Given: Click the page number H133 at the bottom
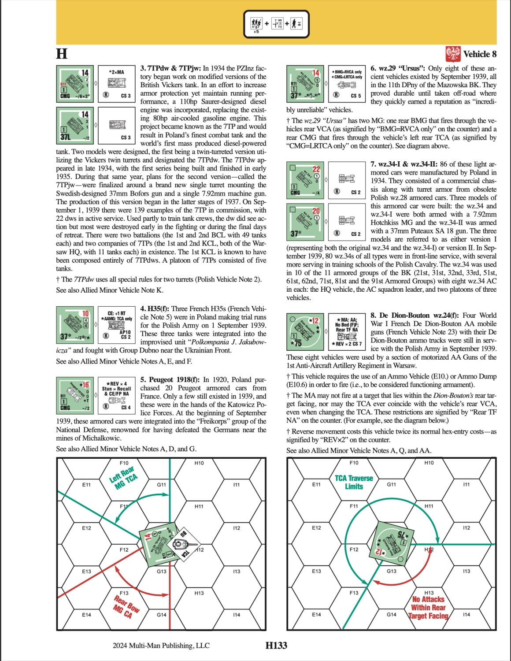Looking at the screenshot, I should [x=276, y=646].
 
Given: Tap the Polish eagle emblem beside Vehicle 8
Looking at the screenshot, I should [x=453, y=54].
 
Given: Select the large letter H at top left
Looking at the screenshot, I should [x=62, y=54].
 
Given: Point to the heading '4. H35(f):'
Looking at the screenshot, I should [x=155, y=309].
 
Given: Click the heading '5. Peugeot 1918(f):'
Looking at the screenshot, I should [x=170, y=379].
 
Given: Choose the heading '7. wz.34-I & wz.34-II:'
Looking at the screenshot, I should [x=407, y=164].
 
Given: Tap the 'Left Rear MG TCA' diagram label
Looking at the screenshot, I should [x=124, y=478].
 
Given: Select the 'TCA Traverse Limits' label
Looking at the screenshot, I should [x=354, y=482].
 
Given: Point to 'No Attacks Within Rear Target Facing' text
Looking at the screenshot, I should [x=428, y=607].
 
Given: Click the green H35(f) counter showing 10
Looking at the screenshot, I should [x=75, y=325].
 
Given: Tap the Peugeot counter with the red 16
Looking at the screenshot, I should [x=75, y=395].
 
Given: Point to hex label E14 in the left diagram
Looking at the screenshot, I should [x=86, y=615].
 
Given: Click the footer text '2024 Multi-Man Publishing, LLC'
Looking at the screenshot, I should [x=161, y=646].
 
